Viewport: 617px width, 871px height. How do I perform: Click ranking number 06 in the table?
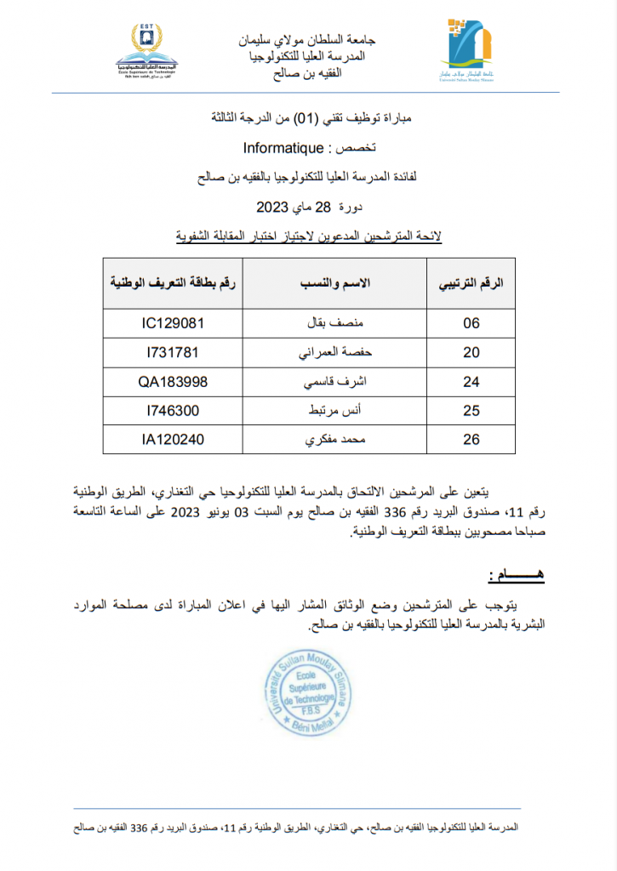(471, 323)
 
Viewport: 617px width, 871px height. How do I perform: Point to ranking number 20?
(471, 352)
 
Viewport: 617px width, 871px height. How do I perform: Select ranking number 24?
(471, 382)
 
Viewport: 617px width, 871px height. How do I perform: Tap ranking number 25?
(471, 411)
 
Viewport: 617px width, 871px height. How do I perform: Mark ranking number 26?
(471, 440)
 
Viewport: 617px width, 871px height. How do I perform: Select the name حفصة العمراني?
(336, 352)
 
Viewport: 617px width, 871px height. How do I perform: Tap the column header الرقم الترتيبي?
(471, 282)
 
